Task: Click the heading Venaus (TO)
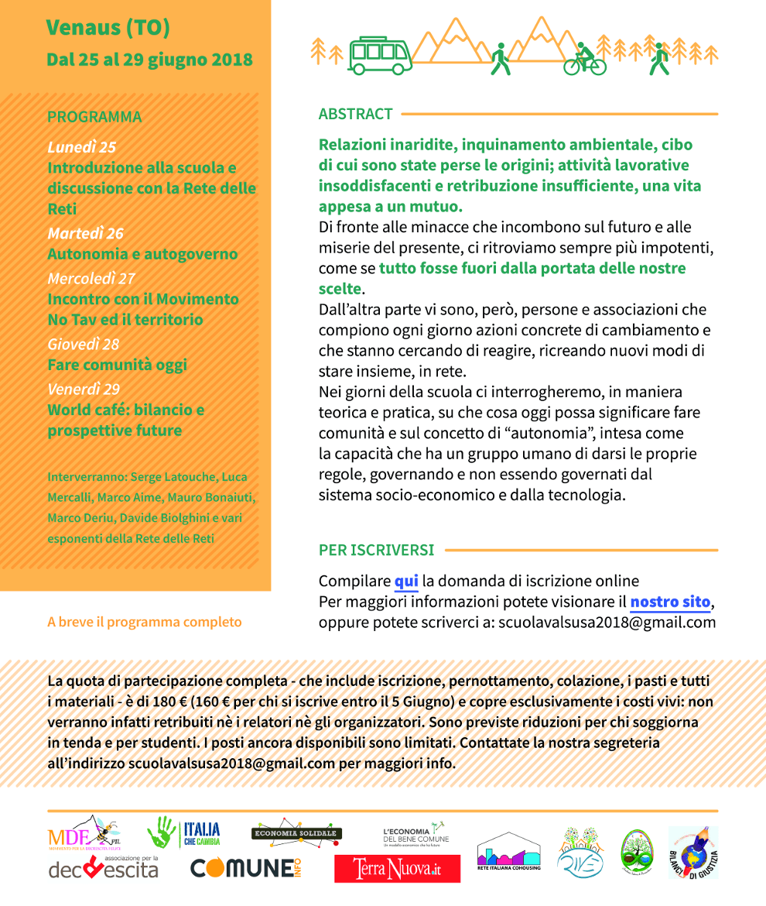click(x=108, y=28)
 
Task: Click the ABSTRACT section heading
click(x=356, y=114)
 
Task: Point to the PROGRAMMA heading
click(x=94, y=117)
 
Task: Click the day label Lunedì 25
click(x=81, y=147)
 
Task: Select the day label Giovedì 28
click(x=83, y=344)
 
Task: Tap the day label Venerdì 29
click(x=84, y=389)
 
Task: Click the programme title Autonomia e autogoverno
click(x=142, y=254)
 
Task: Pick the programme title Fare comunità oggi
click(x=117, y=365)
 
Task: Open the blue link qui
click(x=406, y=581)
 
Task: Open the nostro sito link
click(x=670, y=602)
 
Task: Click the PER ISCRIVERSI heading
click(x=376, y=551)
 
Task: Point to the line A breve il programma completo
click(x=144, y=622)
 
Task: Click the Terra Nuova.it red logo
click(x=397, y=869)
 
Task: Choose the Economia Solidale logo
click(x=296, y=832)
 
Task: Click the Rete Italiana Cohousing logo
click(x=508, y=852)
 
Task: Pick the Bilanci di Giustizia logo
click(x=693, y=852)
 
